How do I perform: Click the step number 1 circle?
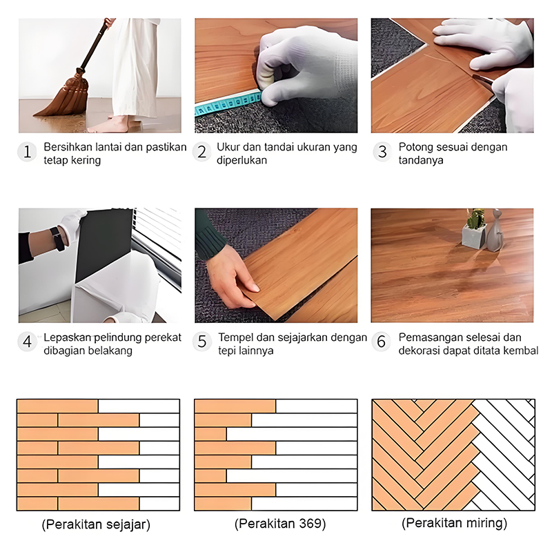27,152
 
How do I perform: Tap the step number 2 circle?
201,152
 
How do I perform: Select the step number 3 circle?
382,152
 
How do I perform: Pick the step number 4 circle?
27,342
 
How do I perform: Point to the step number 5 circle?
202,342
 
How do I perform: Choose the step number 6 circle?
382,342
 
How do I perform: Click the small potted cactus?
475,228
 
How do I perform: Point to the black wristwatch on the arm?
57,239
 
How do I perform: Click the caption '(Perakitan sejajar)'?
96,524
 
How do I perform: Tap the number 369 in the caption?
310,524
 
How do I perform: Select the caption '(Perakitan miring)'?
454,523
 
